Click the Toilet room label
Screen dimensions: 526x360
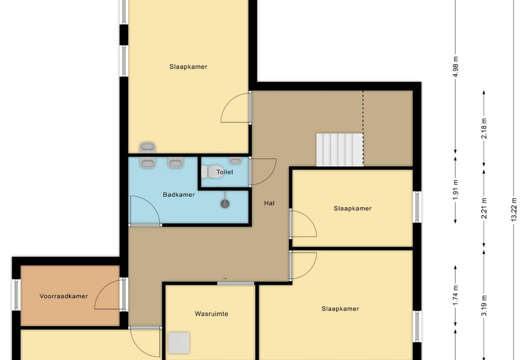coord(225,172)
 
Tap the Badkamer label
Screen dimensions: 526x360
coord(179,195)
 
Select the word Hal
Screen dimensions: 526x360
coord(269,203)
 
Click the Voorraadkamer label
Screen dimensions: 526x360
coord(64,296)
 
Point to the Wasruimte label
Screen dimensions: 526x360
coord(211,314)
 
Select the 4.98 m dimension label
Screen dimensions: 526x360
coord(456,67)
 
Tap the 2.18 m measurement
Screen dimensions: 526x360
coord(484,128)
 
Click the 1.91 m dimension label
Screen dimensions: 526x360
coord(456,190)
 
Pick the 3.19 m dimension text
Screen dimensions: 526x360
coord(484,305)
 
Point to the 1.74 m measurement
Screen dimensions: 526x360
coord(456,296)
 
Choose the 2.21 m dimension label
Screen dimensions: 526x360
coord(484,208)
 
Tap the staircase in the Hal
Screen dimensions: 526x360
coord(339,150)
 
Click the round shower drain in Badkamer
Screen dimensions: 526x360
coord(225,204)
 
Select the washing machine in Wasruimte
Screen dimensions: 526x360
coord(179,343)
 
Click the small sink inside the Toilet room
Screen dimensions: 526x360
coord(235,160)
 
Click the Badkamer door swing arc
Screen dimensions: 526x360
coord(150,204)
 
